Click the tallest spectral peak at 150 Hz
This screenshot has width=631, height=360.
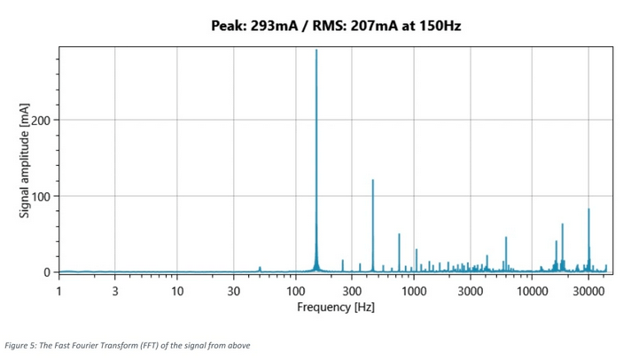tap(316, 51)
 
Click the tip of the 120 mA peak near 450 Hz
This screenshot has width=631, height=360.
tap(372, 180)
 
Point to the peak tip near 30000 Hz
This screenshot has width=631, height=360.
tap(588, 209)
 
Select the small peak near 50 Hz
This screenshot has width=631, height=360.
tap(260, 267)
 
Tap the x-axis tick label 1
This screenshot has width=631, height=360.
tap(58, 290)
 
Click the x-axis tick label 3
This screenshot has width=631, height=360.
tap(115, 290)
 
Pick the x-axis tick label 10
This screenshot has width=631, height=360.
tap(177, 290)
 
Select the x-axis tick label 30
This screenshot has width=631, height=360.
tap(234, 290)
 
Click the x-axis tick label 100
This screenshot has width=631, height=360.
tap(295, 290)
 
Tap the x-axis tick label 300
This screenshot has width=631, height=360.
tap(352, 290)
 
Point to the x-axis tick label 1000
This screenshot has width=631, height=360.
tap(413, 290)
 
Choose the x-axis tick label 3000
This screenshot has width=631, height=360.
tap(470, 290)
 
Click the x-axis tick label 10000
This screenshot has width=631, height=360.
tap(531, 290)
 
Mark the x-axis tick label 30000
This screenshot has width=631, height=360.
tap(588, 290)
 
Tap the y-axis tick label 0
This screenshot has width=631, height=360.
tap(47, 272)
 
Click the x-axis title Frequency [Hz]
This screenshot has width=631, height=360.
tap(335, 307)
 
